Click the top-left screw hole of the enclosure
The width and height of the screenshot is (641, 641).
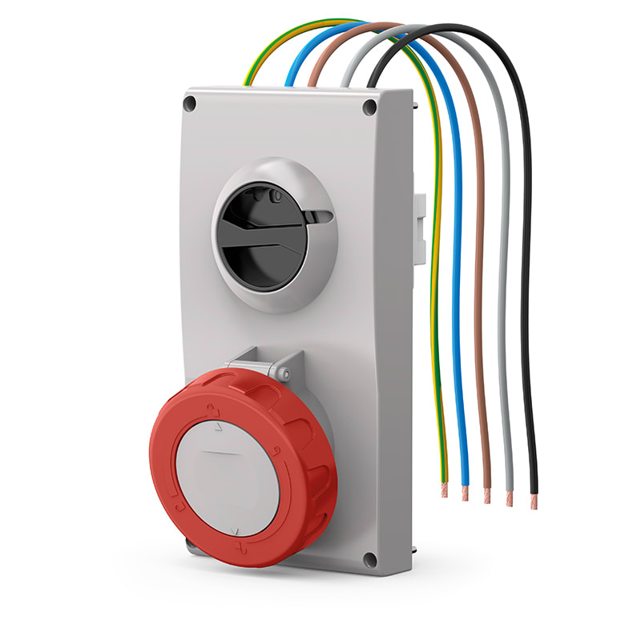point(190,103)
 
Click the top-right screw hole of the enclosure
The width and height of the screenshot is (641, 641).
point(369,107)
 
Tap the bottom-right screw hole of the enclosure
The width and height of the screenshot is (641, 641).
point(369,560)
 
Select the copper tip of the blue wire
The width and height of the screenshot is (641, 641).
point(465,494)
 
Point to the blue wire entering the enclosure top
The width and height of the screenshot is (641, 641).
point(291,79)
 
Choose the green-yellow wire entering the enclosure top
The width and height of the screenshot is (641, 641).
point(250,79)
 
